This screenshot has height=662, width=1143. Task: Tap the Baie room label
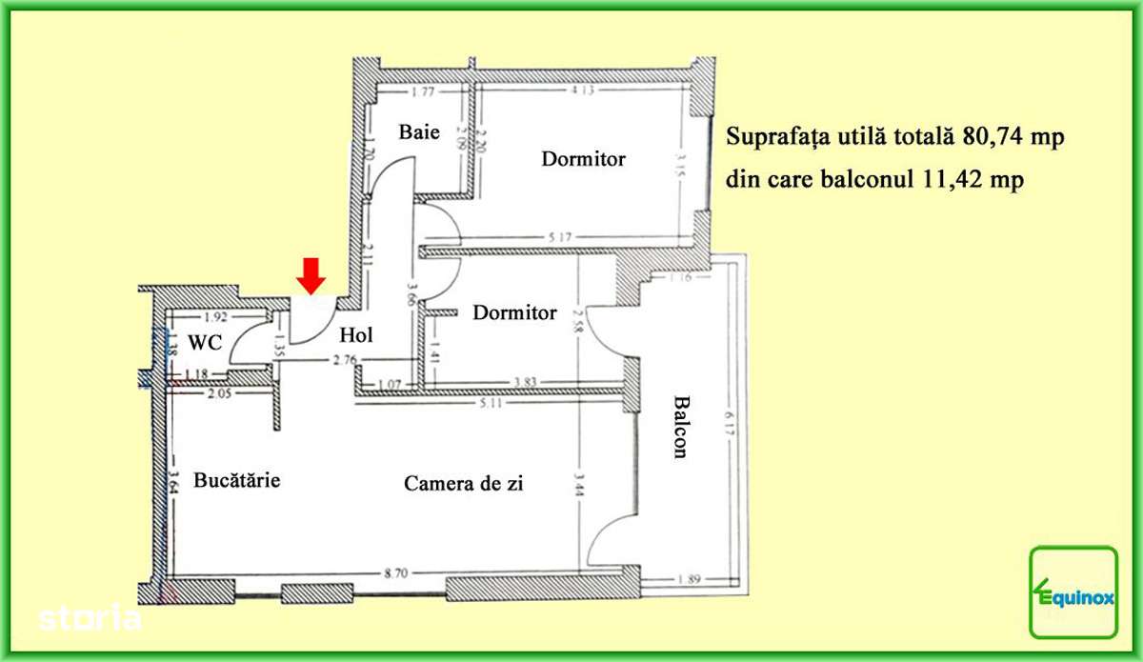point(419,132)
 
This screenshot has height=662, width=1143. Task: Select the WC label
point(205,342)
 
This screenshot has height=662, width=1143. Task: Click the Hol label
point(356,334)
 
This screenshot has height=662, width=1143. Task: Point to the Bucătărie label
point(237,480)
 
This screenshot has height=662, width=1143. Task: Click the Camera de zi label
point(464,483)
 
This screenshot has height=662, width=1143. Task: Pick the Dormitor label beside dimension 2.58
point(514,312)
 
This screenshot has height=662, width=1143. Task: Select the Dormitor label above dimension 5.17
point(583,158)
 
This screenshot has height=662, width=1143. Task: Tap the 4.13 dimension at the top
point(582,91)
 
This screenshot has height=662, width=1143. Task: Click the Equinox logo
point(1073,592)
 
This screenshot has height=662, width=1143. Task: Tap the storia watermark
point(90,617)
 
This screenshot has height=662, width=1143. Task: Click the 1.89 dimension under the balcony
point(691,579)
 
